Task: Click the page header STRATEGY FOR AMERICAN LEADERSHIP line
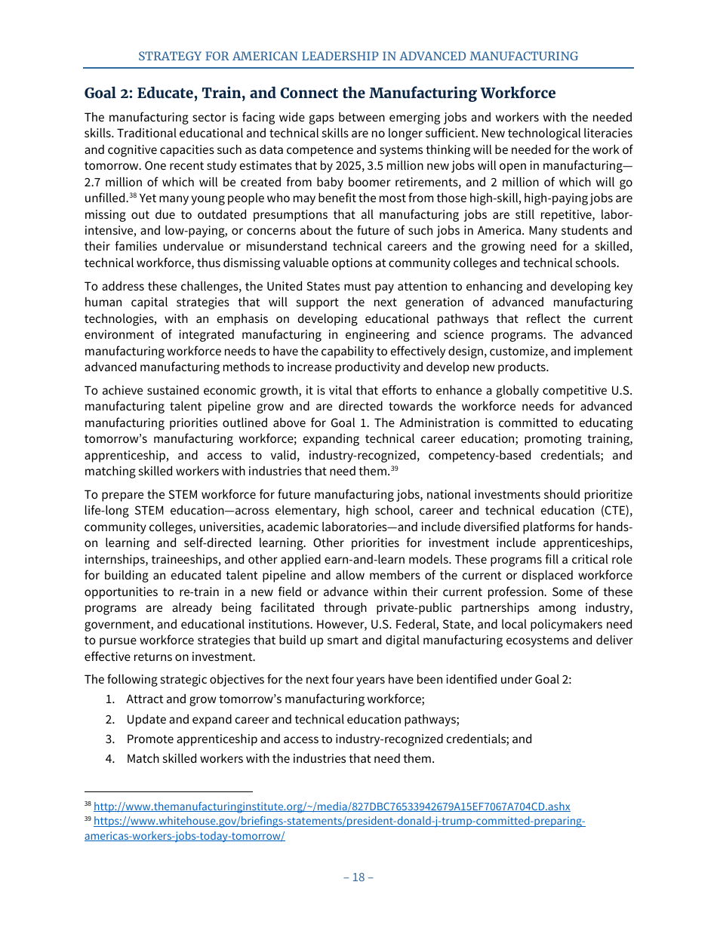(x=358, y=57)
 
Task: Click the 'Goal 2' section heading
(x=319, y=94)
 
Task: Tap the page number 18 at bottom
(x=358, y=877)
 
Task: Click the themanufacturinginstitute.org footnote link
(x=331, y=807)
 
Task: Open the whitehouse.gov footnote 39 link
(x=339, y=821)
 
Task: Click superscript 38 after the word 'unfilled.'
(x=133, y=195)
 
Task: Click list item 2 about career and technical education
(x=293, y=719)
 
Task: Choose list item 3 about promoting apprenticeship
(x=329, y=739)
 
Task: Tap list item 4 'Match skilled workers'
(x=280, y=758)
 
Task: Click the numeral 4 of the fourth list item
(x=109, y=758)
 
